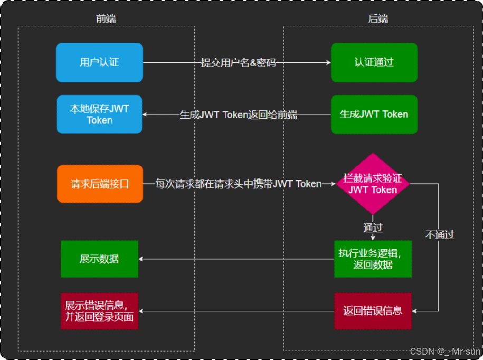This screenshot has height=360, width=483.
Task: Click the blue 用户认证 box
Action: (99, 62)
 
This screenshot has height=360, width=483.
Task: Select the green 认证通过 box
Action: (374, 62)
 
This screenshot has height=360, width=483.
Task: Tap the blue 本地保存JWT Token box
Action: (99, 114)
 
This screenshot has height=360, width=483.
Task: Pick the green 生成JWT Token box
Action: (374, 114)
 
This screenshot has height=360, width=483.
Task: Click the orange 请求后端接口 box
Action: (100, 184)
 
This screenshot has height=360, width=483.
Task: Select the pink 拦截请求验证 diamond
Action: (373, 184)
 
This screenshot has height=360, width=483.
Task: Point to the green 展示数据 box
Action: (99, 259)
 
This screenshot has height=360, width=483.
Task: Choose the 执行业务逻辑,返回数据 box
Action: (373, 259)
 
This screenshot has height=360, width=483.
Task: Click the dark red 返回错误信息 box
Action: (373, 310)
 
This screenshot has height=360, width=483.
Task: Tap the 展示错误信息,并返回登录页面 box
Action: (99, 311)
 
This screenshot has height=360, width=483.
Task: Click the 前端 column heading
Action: (106, 19)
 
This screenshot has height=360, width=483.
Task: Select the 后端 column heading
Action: (377, 19)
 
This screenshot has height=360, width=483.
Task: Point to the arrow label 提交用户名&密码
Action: (238, 62)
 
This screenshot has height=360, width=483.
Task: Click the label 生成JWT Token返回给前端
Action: (238, 115)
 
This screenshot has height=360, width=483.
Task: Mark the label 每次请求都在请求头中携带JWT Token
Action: (238, 184)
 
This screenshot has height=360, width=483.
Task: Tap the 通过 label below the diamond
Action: (373, 228)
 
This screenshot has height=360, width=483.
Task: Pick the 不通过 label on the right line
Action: (439, 235)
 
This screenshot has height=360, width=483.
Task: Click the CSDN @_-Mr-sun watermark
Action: (445, 351)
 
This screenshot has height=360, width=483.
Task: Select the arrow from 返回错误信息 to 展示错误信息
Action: (238, 311)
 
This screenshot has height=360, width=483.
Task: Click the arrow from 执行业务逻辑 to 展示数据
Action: (238, 259)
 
